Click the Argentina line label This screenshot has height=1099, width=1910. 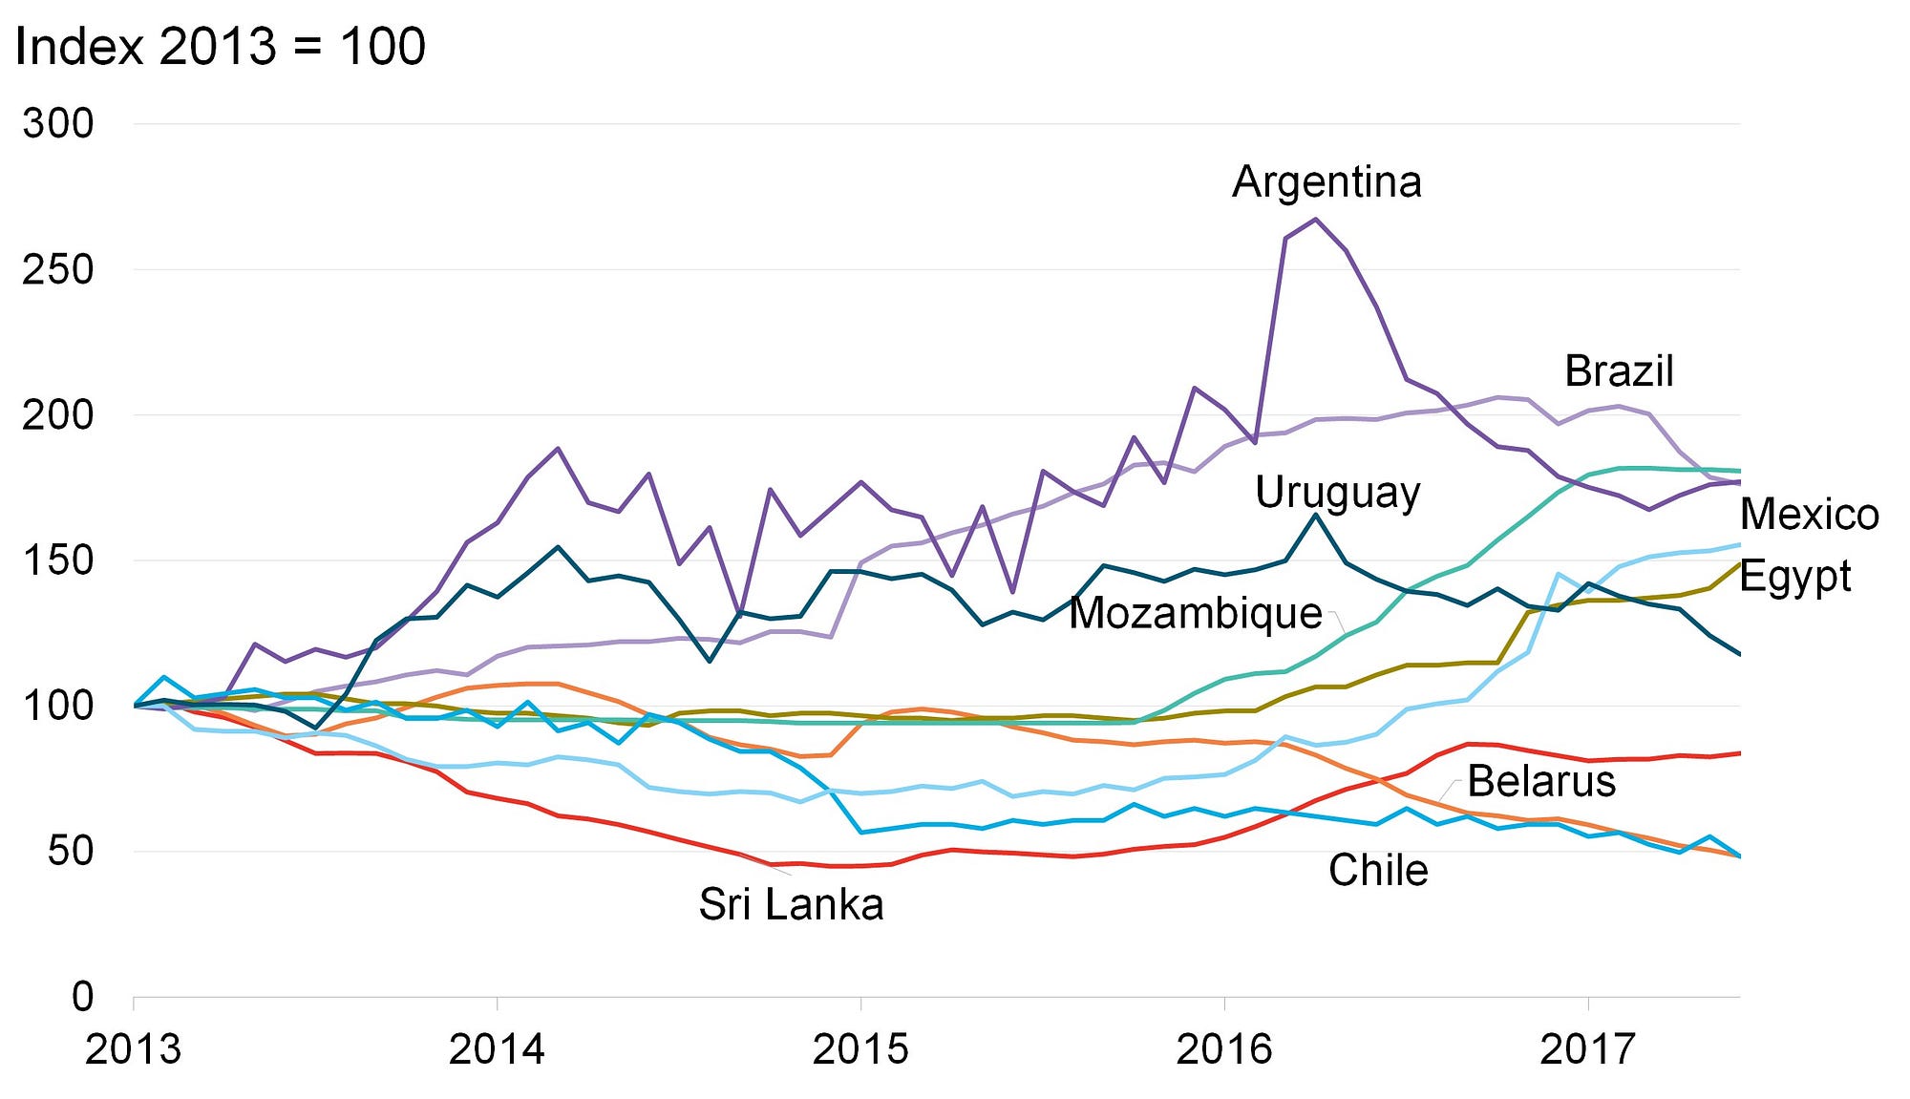(x=1326, y=181)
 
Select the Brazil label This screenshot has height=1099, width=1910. (x=1619, y=370)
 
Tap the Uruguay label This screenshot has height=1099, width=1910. (x=1337, y=493)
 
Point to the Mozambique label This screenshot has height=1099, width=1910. (x=1195, y=613)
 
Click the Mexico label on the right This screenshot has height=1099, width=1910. (x=1809, y=515)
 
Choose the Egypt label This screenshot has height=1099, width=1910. (x=1794, y=576)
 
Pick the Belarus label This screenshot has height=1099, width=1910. (x=1540, y=781)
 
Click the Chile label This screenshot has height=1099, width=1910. (x=1377, y=870)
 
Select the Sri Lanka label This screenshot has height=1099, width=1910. (x=791, y=903)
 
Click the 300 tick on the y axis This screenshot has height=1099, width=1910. (x=58, y=123)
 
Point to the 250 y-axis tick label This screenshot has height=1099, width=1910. (x=58, y=269)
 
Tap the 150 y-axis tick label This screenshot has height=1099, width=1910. (x=58, y=560)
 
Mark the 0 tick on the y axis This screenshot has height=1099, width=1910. (x=83, y=997)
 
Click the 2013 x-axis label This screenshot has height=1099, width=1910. (x=133, y=1049)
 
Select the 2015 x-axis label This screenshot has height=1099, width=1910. (x=860, y=1049)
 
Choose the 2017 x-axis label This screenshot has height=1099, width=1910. (x=1587, y=1049)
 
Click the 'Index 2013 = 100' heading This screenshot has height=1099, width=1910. (x=221, y=46)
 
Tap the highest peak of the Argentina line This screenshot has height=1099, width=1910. (x=1315, y=220)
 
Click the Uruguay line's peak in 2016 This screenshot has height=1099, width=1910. (x=1315, y=516)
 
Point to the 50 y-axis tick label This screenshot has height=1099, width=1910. (x=71, y=851)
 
